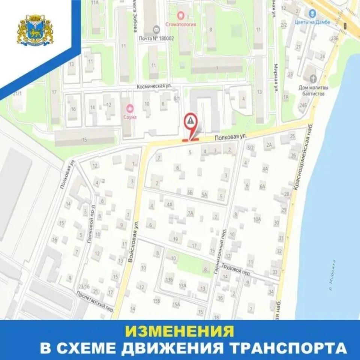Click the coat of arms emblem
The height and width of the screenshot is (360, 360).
coord(34,30)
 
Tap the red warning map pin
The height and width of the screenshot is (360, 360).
coord(191,122)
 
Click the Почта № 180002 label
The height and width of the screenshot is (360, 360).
coord(156,38)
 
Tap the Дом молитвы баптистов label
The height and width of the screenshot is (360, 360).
coord(311,90)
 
